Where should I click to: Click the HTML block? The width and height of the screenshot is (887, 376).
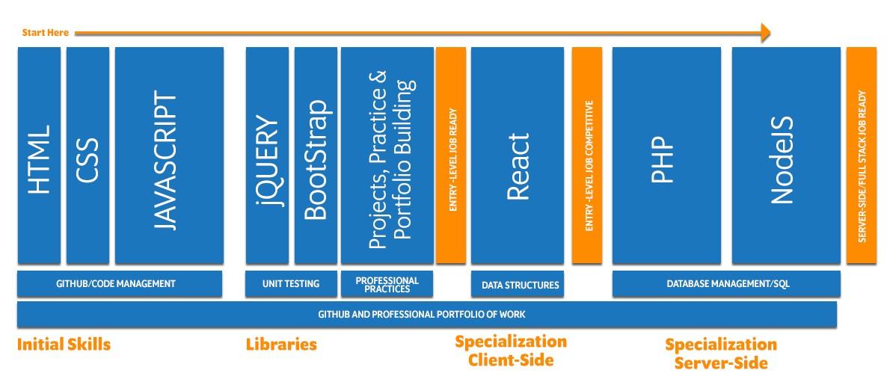coord(39,155)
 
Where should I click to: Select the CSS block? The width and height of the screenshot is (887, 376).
coord(88,155)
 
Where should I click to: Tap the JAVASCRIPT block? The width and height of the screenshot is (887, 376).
coord(169,155)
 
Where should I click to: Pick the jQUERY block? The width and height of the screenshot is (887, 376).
coord(268,155)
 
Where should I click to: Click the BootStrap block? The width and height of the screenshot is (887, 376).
coord(316,155)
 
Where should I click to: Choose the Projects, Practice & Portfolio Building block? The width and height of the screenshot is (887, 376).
coord(387,155)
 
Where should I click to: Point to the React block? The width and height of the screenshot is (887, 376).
coord(518,155)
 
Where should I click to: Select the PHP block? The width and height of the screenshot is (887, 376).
coord(666,155)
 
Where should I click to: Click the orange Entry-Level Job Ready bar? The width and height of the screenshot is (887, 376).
coord(451,155)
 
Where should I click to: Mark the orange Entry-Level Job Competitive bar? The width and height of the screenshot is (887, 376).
coord(587,155)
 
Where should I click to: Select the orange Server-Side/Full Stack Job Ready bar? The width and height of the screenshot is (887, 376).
coord(862,155)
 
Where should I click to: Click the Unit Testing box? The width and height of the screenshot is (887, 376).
coord(290,284)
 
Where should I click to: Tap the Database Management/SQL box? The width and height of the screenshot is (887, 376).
coord(725,284)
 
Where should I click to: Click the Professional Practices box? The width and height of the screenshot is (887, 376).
coord(387,284)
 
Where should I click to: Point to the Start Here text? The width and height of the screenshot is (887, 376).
coord(46,32)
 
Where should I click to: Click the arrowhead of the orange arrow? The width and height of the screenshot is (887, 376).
coord(764,32)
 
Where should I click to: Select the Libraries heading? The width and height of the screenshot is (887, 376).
coord(281,345)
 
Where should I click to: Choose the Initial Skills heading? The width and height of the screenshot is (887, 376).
coord(64,345)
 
